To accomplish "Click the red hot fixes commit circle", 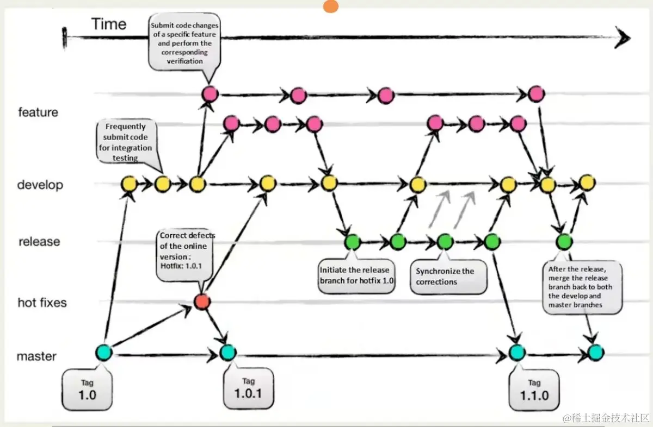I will tap(202, 302).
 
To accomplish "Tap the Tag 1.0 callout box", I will tap(87, 390).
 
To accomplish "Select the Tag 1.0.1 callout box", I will tap(248, 388).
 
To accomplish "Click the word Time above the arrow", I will tap(109, 24).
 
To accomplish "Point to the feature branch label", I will tap(38, 112).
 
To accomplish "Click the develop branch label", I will tap(40, 185).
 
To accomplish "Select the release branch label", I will tap(39, 241).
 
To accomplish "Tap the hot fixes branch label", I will tap(42, 303).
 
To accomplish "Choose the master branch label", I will tap(36, 356).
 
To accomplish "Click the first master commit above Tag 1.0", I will tap(103, 353).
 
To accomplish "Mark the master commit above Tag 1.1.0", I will tap(516, 353).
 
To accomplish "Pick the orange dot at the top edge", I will tap(330, 6).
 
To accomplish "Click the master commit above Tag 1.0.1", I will tap(227, 353).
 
